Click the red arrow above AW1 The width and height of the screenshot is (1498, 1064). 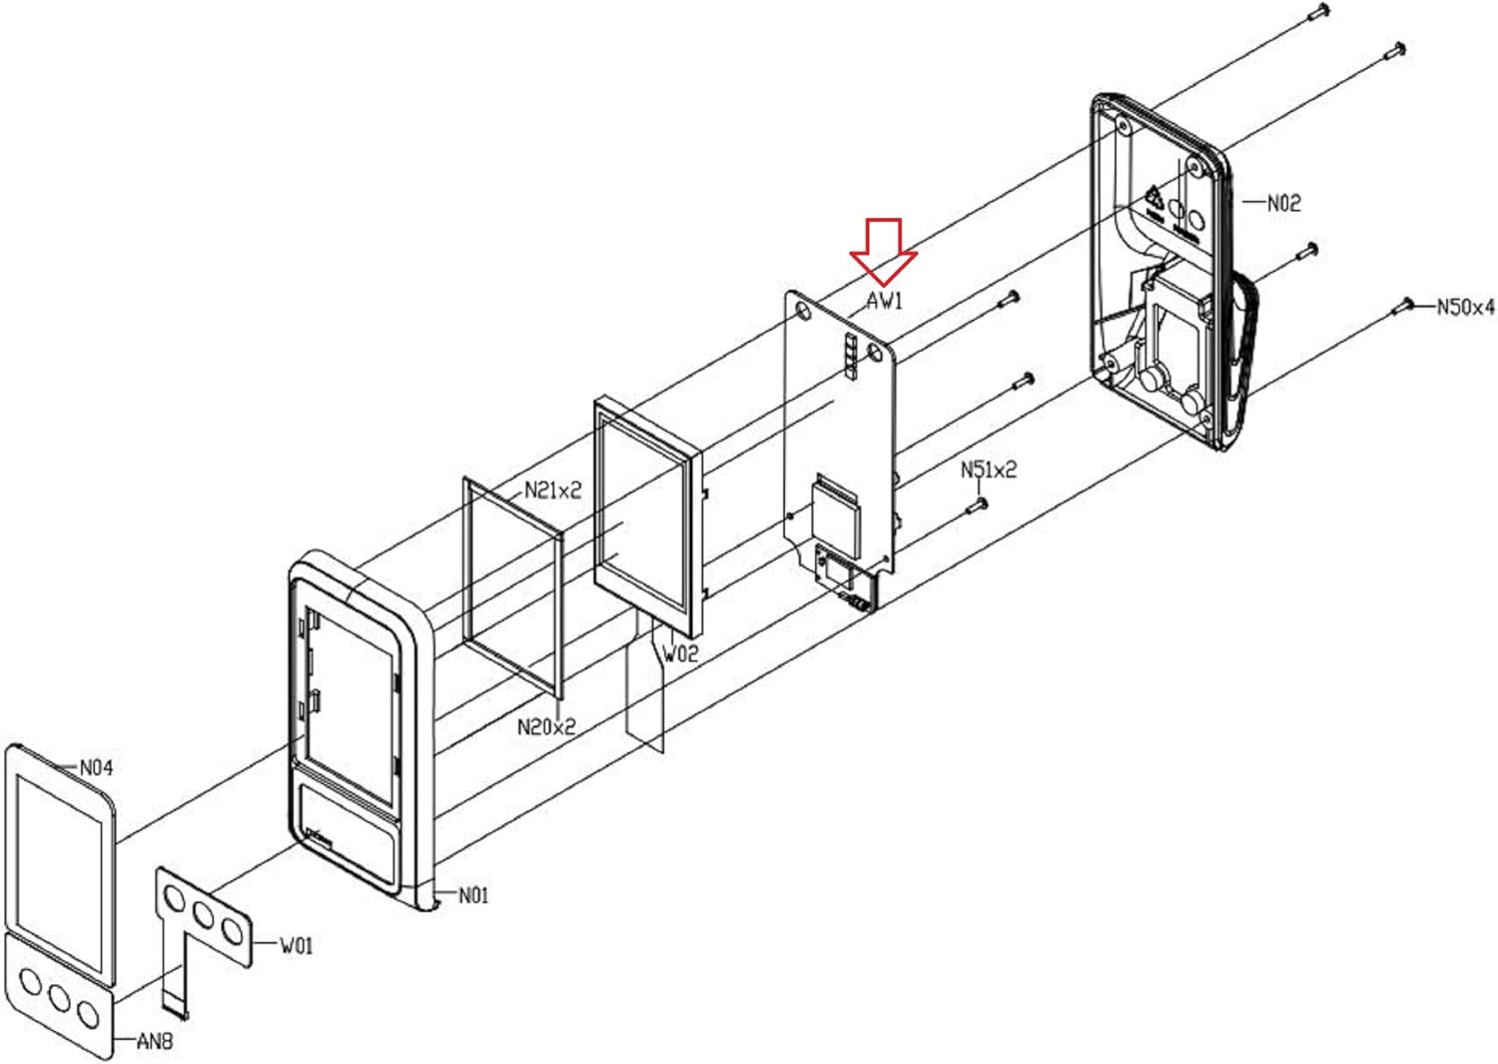point(884,252)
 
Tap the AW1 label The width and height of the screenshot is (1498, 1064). point(885,301)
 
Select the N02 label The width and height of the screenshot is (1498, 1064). point(1284,204)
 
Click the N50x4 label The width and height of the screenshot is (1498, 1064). point(1465,307)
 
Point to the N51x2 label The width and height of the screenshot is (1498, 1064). point(989,470)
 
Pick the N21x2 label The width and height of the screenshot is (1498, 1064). point(552,491)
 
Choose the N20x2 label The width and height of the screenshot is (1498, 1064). point(546,726)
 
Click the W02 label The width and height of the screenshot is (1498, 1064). point(680,653)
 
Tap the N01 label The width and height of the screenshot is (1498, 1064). point(473,895)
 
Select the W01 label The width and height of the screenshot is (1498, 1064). point(296,945)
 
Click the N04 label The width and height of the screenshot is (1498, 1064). point(96,767)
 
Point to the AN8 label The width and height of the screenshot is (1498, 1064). point(155,1041)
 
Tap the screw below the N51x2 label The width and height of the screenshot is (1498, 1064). point(978,506)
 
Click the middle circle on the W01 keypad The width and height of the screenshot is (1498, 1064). point(204,914)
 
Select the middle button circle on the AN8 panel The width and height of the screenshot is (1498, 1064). point(60,998)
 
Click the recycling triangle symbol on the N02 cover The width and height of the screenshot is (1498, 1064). point(1154,198)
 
